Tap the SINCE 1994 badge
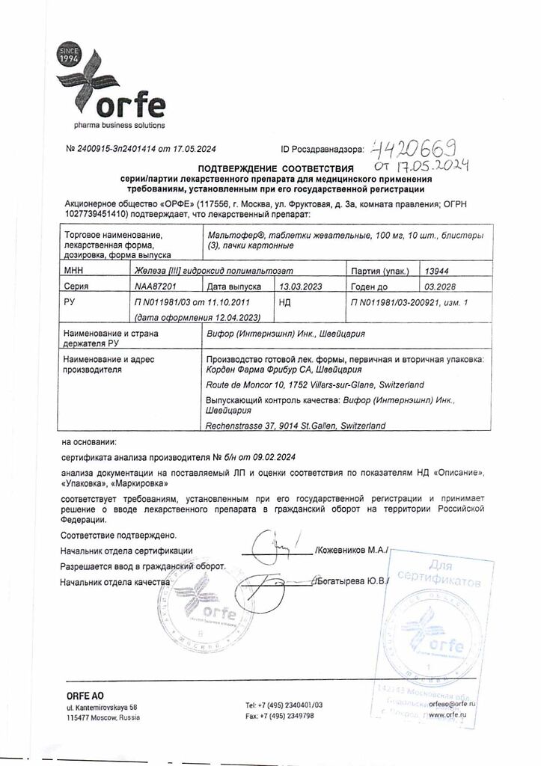click(67, 56)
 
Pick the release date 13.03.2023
click(300, 286)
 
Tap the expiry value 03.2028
click(438, 286)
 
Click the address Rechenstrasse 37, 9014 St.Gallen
click(296, 425)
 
